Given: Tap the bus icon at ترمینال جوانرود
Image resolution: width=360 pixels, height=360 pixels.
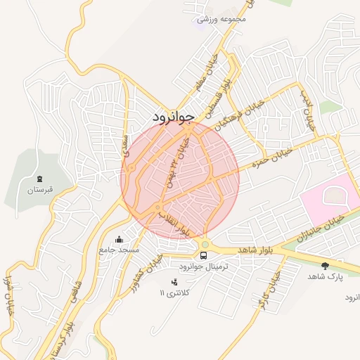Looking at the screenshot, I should (x=204, y=255).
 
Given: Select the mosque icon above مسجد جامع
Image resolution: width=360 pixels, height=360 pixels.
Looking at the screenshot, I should (x=119, y=239).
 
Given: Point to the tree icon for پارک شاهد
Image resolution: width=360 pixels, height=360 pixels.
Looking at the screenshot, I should (x=324, y=266).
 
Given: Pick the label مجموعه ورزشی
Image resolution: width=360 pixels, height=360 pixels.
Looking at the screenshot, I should (x=224, y=19).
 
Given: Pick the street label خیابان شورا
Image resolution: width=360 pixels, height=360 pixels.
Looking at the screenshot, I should (x=9, y=295).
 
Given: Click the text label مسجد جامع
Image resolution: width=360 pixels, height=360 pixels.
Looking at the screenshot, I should (x=120, y=250).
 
